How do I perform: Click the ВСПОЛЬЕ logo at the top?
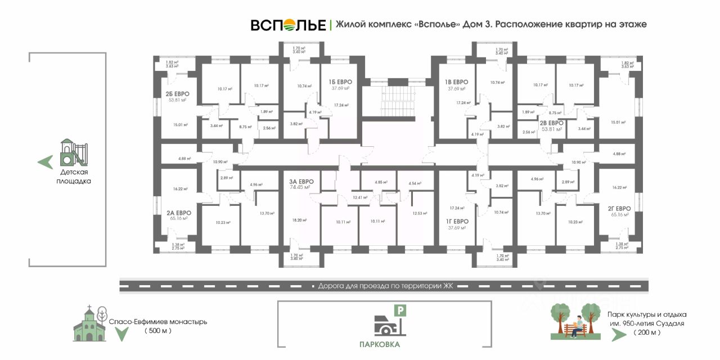(288, 25)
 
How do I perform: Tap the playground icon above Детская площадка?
(74, 152)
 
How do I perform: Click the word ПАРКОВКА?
(381, 344)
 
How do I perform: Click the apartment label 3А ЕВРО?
(301, 181)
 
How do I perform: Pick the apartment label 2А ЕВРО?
(179, 213)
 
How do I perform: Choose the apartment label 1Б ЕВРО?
(340, 82)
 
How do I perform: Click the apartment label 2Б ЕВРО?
(177, 94)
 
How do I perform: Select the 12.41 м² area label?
(360, 197)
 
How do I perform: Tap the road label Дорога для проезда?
(385, 286)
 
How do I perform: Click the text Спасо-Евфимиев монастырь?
(158, 322)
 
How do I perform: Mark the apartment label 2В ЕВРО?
(552, 123)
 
